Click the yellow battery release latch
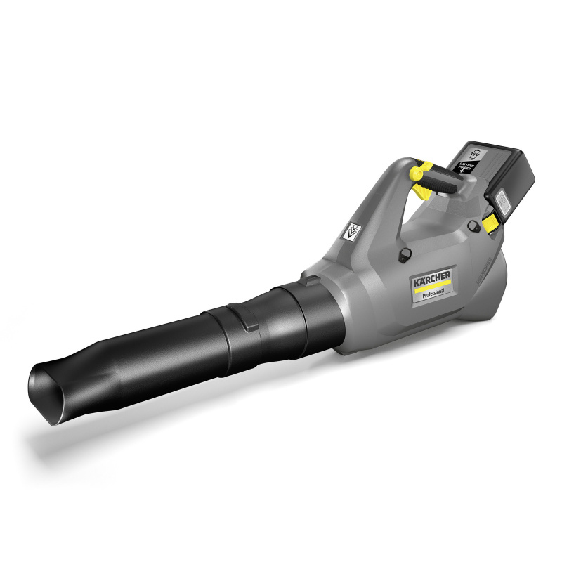pyautogui.click(x=491, y=223)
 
